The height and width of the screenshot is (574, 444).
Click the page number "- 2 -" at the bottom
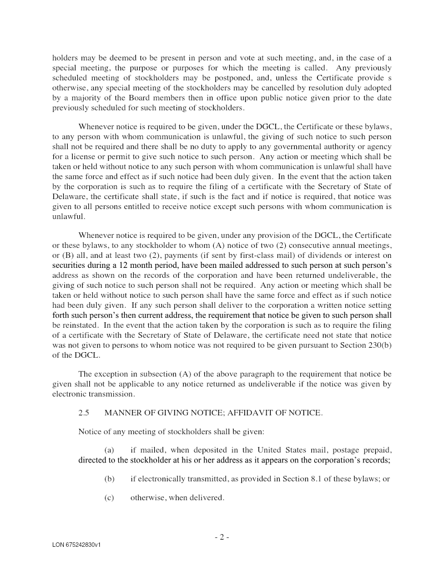point(221,537)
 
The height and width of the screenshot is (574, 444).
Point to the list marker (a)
point(109,450)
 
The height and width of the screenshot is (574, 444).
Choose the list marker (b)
point(109,479)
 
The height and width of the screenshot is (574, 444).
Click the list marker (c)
point(109,497)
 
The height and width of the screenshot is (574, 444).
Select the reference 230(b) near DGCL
point(376,346)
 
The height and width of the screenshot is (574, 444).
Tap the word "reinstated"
point(81,325)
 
